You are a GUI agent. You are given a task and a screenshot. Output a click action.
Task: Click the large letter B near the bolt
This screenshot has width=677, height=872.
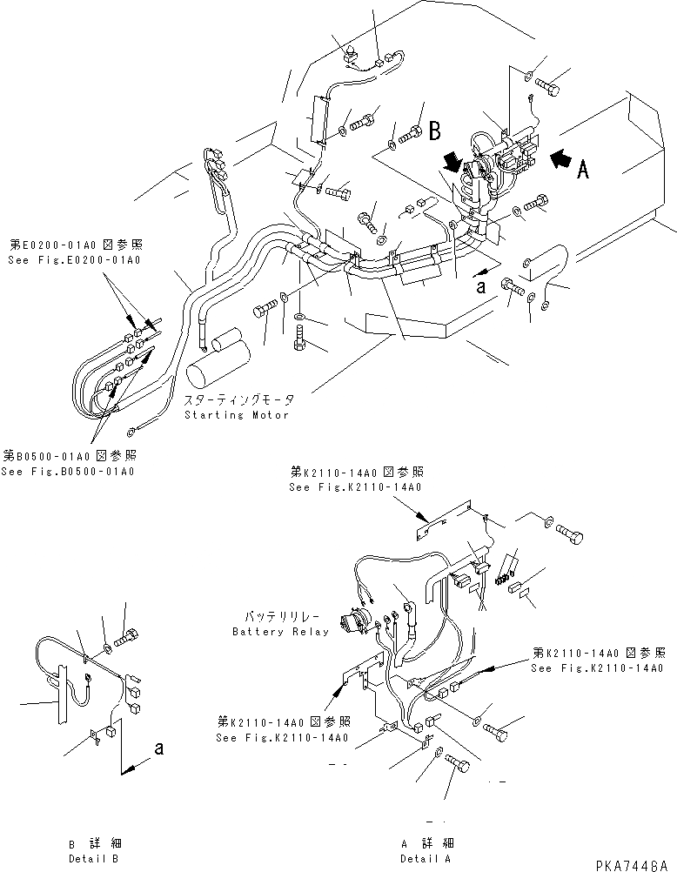coord(434,132)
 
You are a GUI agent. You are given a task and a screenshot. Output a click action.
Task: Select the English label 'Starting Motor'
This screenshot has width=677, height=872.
coord(236,415)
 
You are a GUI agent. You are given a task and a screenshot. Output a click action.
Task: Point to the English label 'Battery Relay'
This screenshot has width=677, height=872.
coord(280,632)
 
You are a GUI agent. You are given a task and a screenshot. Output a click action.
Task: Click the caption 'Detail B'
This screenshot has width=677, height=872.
coord(95,858)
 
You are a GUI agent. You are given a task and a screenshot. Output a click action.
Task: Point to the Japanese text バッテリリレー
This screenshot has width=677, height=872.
coord(280,617)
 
